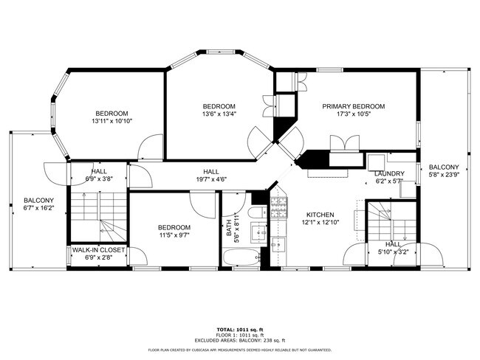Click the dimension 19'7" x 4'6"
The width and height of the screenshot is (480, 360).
pyautogui.click(x=210, y=179)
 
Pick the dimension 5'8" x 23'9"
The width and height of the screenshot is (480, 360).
pyautogui.click(x=444, y=176)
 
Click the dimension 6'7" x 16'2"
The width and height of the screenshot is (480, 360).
pyautogui.click(x=38, y=209)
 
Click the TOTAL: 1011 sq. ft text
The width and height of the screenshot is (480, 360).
pyautogui.click(x=239, y=330)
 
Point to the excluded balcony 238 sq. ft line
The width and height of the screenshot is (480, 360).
pyautogui.click(x=239, y=340)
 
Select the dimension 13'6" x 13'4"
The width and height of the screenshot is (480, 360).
pyautogui.click(x=219, y=114)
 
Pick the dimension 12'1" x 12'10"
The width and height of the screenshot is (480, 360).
pyautogui.click(x=320, y=223)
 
